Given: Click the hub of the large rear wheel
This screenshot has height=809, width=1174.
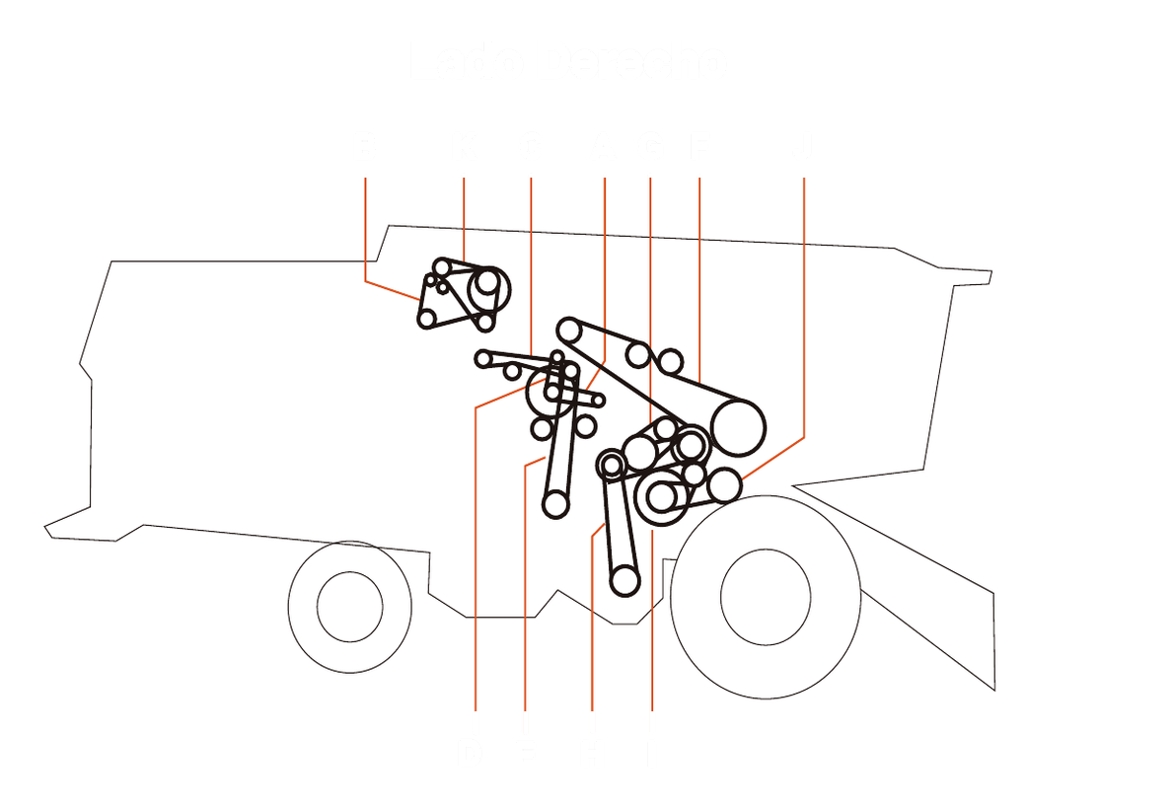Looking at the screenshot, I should pyautogui.click(x=766, y=597).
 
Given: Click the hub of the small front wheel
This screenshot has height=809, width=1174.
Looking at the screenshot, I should pyautogui.click(x=349, y=606).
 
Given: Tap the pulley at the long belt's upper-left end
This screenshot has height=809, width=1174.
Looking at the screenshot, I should pyautogui.click(x=568, y=330).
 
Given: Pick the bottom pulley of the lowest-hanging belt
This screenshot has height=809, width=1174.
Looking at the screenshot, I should pyautogui.click(x=624, y=580).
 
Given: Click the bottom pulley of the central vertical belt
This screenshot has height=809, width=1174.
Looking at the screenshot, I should pyautogui.click(x=555, y=504).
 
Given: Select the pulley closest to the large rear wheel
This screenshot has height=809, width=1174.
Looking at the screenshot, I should pyautogui.click(x=723, y=485).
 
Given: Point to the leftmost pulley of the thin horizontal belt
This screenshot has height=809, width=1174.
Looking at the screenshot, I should pyautogui.click(x=483, y=358).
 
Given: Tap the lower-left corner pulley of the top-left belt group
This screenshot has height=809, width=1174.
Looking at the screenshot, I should pyautogui.click(x=427, y=318).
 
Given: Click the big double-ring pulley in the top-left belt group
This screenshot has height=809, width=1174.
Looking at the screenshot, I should pyautogui.click(x=487, y=284).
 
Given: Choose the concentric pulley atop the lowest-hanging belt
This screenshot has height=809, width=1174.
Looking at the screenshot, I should pyautogui.click(x=612, y=463).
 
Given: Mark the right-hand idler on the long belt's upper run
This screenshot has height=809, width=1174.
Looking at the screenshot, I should pyautogui.click(x=671, y=360).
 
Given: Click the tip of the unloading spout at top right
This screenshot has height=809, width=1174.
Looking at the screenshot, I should pyautogui.click(x=990, y=276).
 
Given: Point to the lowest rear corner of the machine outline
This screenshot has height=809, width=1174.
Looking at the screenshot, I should pyautogui.click(x=993, y=689).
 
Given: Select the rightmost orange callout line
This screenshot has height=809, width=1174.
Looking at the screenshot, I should pyautogui.click(x=804, y=296).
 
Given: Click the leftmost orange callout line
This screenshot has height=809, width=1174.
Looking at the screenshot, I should pyautogui.click(x=366, y=227).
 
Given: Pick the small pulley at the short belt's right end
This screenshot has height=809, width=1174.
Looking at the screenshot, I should pyautogui.click(x=598, y=401).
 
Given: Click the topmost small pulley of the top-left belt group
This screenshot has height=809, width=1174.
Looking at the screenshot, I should pyautogui.click(x=442, y=266).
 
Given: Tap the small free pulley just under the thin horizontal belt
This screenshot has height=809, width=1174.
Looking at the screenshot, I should pyautogui.click(x=512, y=371).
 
